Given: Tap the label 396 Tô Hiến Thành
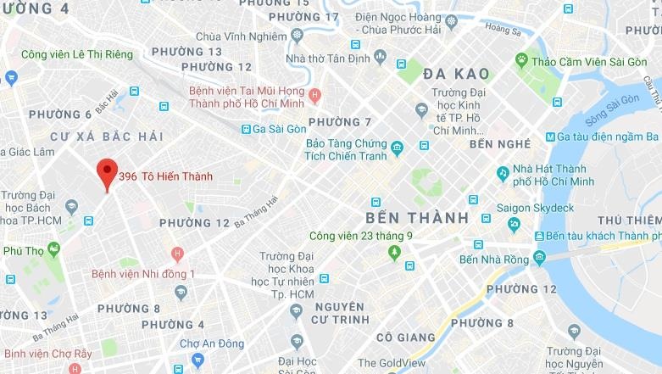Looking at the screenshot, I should click(x=165, y=177).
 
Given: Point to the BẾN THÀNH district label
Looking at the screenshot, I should click(x=417, y=218).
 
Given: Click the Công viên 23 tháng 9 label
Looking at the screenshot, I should click(x=360, y=236).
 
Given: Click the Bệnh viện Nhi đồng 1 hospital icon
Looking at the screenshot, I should click(x=177, y=254).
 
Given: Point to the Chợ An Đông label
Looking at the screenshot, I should click(x=206, y=344).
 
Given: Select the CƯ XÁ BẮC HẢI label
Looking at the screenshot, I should click(x=106, y=137).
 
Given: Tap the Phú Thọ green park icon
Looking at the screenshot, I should click(x=54, y=249).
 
